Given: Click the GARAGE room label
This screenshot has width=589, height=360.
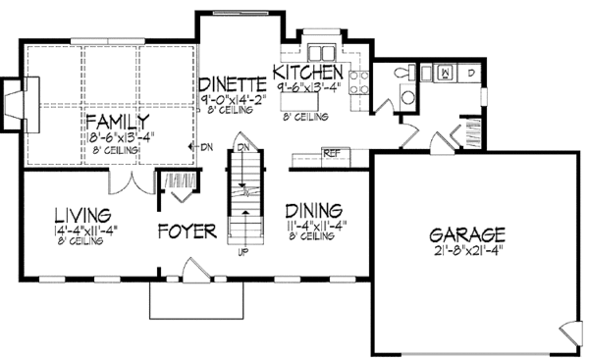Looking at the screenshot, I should (466, 234).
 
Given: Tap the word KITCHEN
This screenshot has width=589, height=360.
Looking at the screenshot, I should (307, 74).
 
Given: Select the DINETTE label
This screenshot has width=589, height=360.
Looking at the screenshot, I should (233, 83).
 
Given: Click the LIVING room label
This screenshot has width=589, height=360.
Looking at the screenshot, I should (81, 215).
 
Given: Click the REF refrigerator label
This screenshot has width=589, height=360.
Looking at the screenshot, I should (332, 153).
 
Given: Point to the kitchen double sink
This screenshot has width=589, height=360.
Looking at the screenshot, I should (320, 52).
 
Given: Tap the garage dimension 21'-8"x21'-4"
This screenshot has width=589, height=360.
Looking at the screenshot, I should (466, 251).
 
